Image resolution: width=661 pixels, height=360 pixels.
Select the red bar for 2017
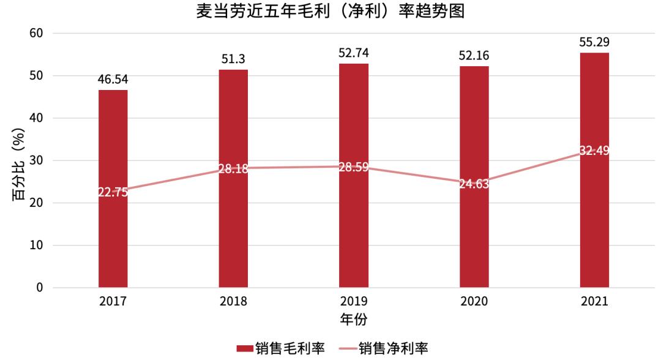(x=113, y=233)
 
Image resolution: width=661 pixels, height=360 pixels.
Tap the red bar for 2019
(x=354, y=233)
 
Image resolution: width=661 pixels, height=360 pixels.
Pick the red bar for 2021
(x=594, y=233)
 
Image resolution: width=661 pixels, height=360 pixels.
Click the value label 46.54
(x=113, y=80)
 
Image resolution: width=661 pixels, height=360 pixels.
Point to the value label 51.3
(x=233, y=59)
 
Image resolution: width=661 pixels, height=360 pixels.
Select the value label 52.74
(x=354, y=53)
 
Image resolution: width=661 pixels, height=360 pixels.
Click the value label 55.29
(x=594, y=42)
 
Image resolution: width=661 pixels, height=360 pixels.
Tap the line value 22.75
(x=113, y=192)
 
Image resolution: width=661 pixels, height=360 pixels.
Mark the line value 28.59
(x=354, y=167)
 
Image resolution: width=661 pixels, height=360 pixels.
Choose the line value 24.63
(x=474, y=183)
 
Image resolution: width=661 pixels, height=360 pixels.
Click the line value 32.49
(x=594, y=151)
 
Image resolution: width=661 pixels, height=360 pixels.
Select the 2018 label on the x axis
(x=233, y=302)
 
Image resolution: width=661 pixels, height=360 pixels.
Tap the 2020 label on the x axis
(x=474, y=302)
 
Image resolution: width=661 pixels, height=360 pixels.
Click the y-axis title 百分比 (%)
(x=18, y=160)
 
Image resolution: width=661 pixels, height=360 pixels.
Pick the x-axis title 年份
(x=353, y=319)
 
